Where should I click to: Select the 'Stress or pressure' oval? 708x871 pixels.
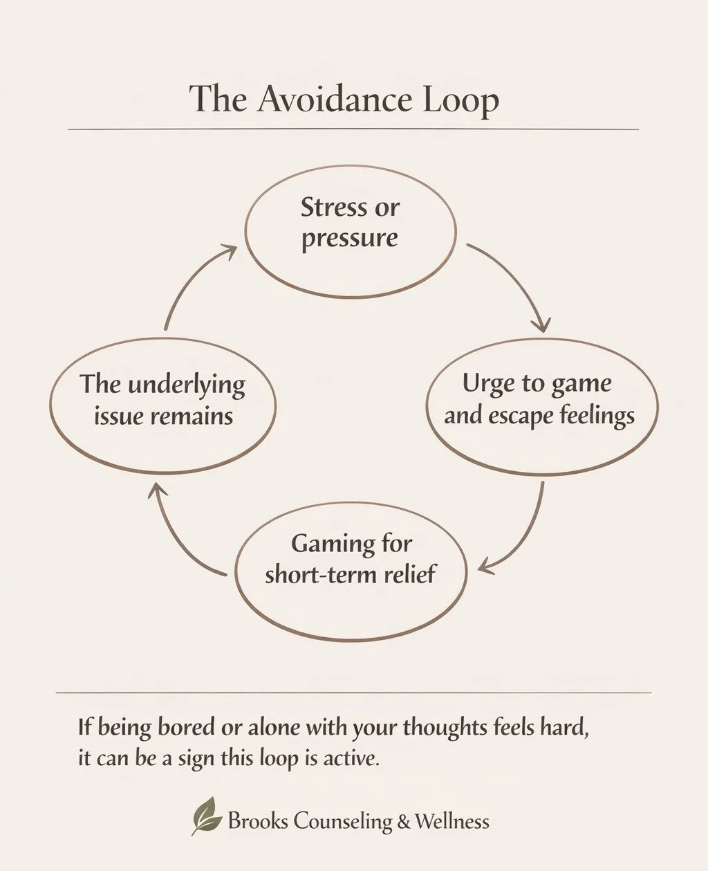[x=351, y=231]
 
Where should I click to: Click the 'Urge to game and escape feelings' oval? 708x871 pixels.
[x=541, y=406]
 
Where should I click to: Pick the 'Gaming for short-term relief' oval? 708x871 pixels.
[x=351, y=570]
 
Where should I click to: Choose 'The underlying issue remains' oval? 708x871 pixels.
[x=163, y=405]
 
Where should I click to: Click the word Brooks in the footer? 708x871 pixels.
[x=257, y=821]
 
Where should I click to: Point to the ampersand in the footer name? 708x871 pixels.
[x=404, y=822]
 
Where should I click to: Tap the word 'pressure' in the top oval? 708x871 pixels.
[x=350, y=239]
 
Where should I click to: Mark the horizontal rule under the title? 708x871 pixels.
[x=353, y=129]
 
